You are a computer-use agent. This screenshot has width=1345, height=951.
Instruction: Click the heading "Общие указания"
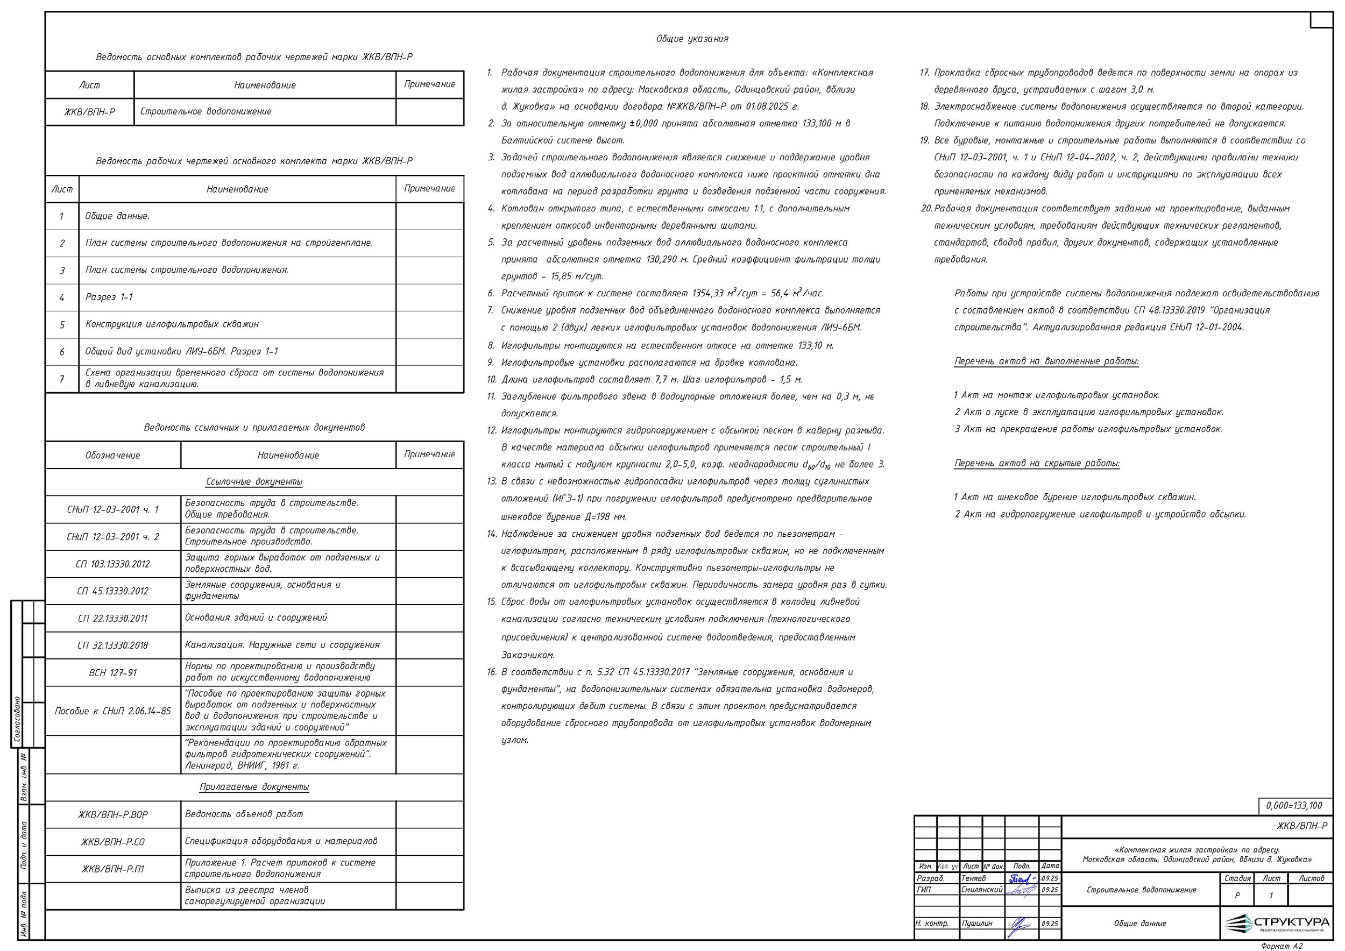point(692,39)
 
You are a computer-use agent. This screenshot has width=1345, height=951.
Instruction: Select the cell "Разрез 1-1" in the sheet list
point(109,297)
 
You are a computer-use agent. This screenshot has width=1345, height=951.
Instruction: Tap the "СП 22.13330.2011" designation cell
point(112,619)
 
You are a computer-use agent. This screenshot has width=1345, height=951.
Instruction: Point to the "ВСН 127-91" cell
point(112,673)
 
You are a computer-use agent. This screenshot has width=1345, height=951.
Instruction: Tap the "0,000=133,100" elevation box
point(1294,806)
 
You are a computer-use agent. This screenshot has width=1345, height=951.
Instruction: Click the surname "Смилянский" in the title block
point(982,890)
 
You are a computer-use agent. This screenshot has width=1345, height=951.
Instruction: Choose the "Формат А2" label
point(1282,946)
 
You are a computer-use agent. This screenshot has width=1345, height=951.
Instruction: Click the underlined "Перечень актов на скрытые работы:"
point(1037,463)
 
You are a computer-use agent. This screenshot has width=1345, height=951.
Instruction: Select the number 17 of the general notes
point(924,73)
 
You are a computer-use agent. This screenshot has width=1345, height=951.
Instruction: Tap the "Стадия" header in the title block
point(1237,878)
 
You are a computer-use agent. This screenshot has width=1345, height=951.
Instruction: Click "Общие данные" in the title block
point(1140,924)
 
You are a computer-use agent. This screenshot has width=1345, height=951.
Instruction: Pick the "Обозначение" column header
point(112,455)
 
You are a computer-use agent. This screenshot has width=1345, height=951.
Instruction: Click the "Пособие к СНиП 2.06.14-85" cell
point(112,711)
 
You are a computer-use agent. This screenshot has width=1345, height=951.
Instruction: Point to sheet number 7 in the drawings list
point(61,379)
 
